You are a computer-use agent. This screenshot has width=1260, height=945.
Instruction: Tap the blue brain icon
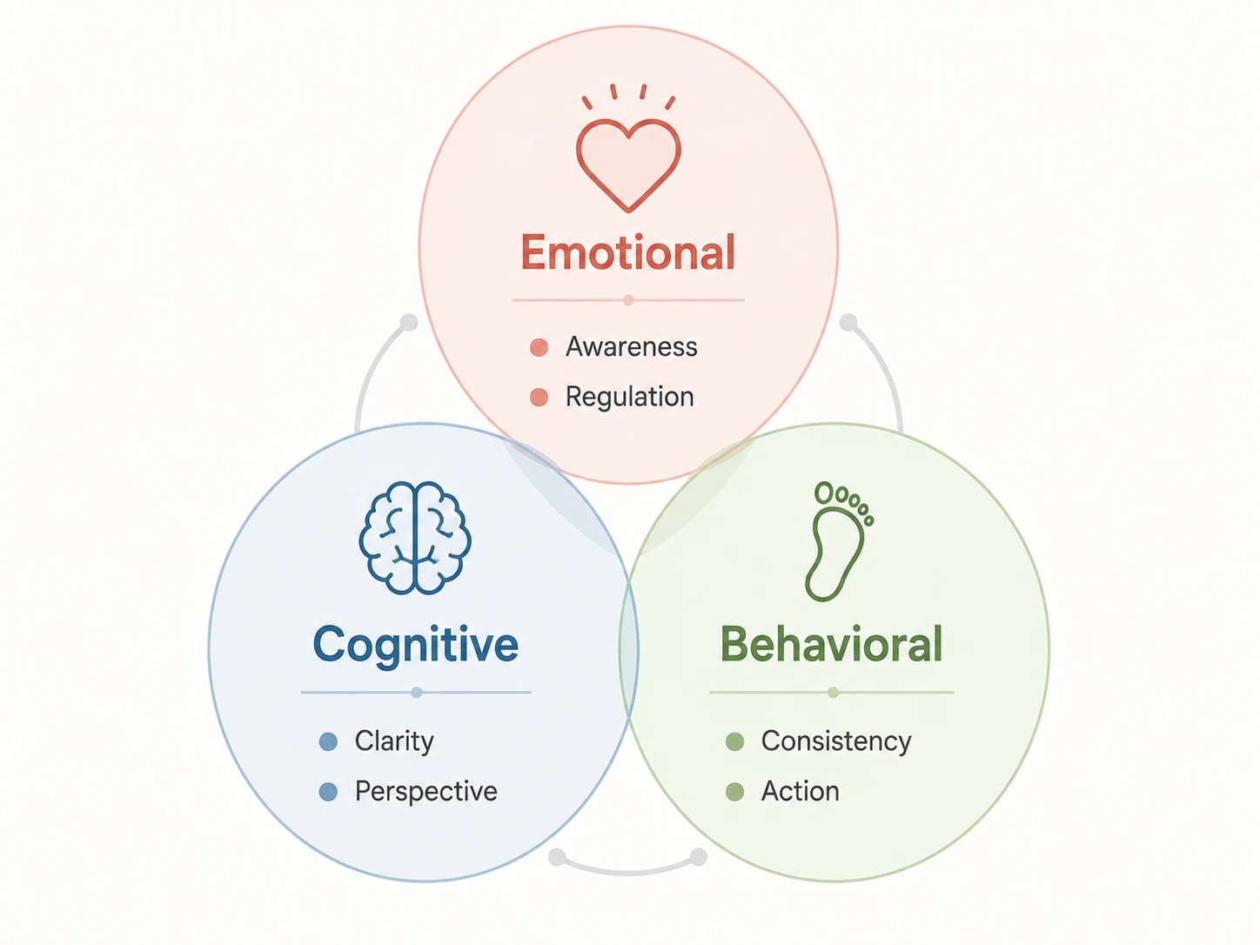[x=415, y=538]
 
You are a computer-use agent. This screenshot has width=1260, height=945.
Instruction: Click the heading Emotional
[x=628, y=252]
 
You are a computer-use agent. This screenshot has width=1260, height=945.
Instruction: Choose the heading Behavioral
[x=831, y=644]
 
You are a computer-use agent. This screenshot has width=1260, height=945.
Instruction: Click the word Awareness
[x=632, y=346]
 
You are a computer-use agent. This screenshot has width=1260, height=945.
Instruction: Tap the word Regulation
[x=630, y=397]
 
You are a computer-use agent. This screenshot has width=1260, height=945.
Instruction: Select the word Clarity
[x=394, y=741]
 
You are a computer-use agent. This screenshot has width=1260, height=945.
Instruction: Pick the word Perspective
[x=426, y=792]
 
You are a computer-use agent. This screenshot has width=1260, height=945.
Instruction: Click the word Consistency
[x=835, y=741]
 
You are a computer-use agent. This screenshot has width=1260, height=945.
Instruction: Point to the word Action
[x=801, y=791]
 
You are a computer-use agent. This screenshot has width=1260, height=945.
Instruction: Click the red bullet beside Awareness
[x=539, y=347]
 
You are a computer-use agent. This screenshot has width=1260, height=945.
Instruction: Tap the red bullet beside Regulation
[x=539, y=397]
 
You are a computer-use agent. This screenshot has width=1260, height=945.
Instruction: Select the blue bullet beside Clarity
[x=328, y=741]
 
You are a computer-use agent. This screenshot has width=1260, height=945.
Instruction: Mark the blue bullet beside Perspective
[x=328, y=792]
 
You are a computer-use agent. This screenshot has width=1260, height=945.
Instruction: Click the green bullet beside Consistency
[x=734, y=741]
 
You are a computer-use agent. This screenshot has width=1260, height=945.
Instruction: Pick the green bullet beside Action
[x=734, y=792]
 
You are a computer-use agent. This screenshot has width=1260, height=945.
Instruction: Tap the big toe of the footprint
[x=824, y=493]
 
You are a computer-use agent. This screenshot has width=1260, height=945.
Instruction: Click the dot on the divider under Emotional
[x=628, y=300]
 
